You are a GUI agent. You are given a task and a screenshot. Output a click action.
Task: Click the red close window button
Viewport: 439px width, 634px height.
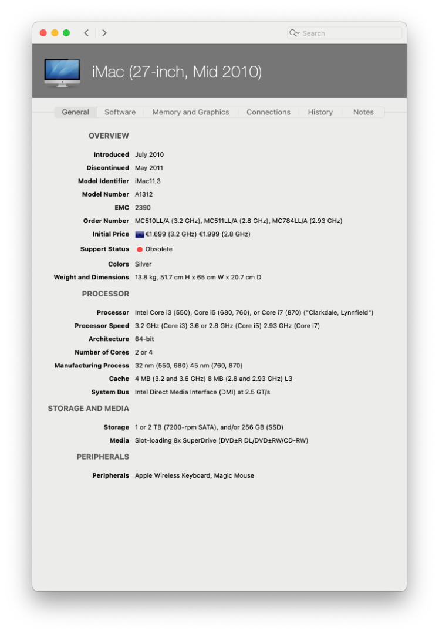tap(43, 33)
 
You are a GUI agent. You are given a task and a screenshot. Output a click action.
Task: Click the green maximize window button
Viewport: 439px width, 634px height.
tap(66, 33)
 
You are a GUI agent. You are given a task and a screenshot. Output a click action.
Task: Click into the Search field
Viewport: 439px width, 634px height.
tap(349, 33)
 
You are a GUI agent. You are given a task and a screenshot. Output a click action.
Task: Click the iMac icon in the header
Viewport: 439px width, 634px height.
tap(62, 73)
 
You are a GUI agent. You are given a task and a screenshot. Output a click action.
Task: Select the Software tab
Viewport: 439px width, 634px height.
tap(120, 112)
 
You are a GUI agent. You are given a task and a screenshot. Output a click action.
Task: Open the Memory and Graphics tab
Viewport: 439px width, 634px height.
tap(191, 112)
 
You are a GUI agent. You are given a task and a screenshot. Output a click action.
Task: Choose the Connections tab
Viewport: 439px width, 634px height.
tap(268, 112)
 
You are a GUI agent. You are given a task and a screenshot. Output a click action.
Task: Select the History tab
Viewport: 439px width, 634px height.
tap(320, 112)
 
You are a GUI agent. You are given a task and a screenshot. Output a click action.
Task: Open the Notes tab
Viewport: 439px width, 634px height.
tap(363, 112)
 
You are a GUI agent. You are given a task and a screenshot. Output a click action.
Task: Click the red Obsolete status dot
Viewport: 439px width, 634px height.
tap(140, 249)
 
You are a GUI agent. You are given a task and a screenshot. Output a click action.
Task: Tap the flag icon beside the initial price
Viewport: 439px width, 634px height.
tap(140, 234)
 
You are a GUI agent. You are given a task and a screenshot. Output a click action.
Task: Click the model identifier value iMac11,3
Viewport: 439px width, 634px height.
tap(148, 181)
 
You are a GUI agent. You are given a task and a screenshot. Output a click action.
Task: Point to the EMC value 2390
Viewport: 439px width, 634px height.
tap(143, 208)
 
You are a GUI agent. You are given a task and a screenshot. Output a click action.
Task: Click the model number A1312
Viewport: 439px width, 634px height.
tap(144, 194)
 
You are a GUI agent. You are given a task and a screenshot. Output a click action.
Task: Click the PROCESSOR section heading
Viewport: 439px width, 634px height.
tap(106, 294)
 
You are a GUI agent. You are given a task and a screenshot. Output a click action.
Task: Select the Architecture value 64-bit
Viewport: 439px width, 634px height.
tap(144, 339)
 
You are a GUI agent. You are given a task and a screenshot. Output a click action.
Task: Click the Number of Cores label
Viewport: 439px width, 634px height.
tap(102, 352)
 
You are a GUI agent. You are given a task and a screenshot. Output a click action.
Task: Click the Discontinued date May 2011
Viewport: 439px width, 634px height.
tap(149, 168)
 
